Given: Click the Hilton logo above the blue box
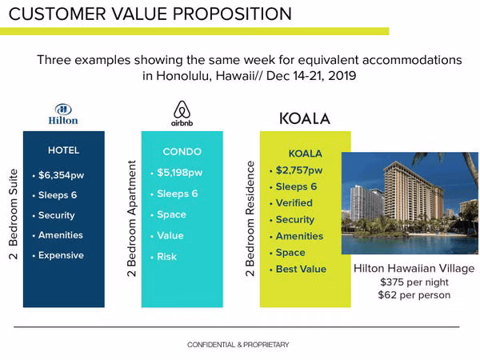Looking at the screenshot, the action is tap(63, 114).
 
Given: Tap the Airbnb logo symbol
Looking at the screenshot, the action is tap(182, 110).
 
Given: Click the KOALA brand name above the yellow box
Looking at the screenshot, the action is tap(305, 118).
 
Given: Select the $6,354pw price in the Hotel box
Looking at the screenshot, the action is tap(61, 175).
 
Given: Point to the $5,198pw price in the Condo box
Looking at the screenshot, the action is tap(180, 172).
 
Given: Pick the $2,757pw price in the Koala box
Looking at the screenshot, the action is tap(299, 170).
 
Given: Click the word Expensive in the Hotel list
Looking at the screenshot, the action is tap(61, 255).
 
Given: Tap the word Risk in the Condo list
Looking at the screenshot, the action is tap(167, 257).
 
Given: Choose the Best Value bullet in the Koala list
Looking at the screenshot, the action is tap(301, 269).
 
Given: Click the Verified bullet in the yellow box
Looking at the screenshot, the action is tap(294, 203).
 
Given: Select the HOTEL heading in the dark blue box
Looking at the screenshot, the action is tap(64, 150).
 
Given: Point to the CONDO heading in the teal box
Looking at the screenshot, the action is tap(182, 151).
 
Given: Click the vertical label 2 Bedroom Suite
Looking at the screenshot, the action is tap(13, 214).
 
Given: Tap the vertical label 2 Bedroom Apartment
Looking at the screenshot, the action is tap(132, 218).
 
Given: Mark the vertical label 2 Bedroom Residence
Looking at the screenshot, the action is tap(250, 218).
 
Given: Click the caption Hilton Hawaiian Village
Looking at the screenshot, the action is tap(414, 269).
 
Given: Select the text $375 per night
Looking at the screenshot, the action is tap(414, 282).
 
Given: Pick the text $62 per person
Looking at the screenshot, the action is tap(414, 295).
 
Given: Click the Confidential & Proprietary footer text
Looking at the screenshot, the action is tap(238, 345).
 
